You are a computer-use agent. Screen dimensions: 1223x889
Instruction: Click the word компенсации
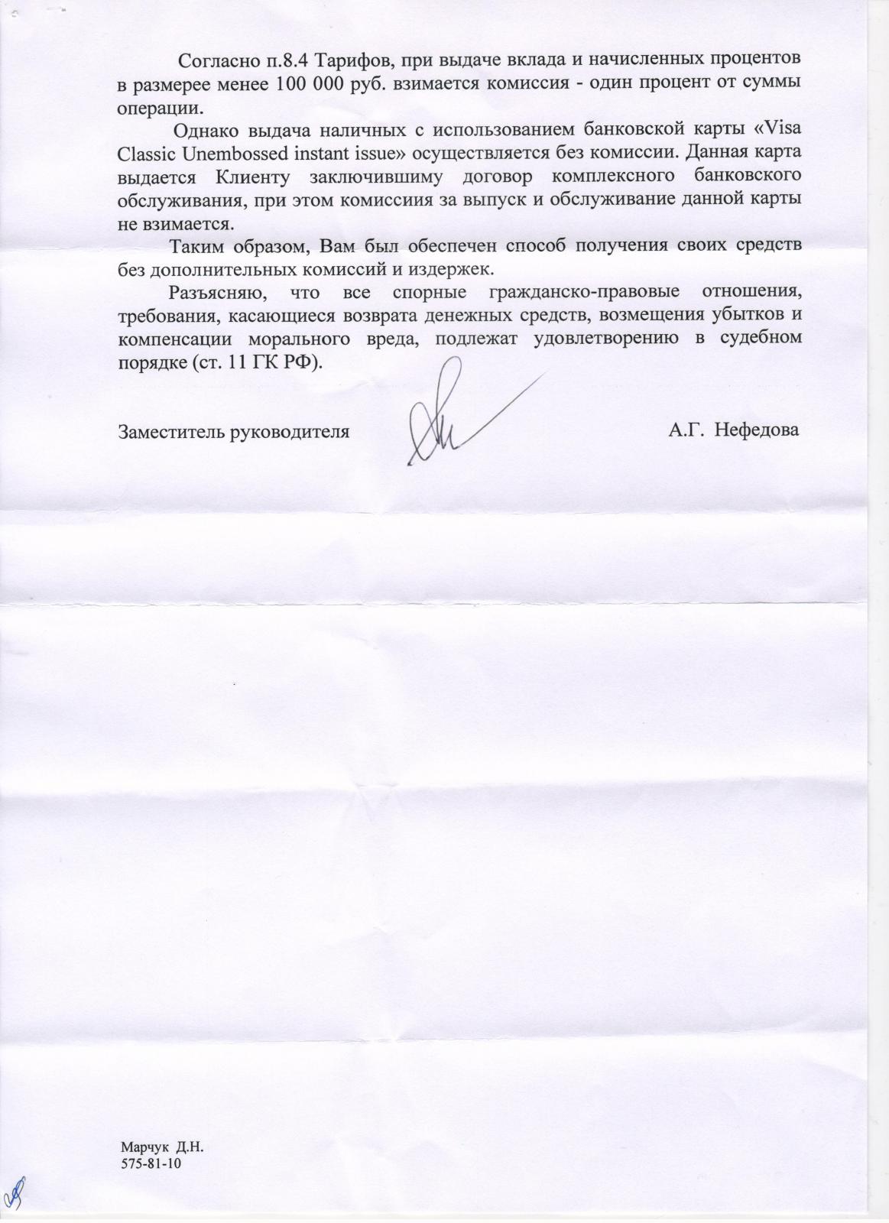click(173, 338)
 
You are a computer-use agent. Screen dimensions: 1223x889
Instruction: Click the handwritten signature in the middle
click(451, 417)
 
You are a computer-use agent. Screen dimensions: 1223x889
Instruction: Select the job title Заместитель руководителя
click(234, 431)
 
